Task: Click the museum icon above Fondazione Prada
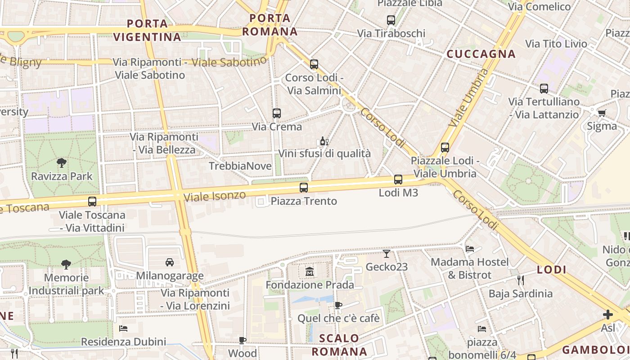[310, 271]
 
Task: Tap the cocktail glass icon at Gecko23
[387, 254]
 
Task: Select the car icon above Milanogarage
[170, 262]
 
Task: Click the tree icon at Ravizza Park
[62, 162]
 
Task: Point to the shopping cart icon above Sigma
[602, 113]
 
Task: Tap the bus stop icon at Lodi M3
[398, 180]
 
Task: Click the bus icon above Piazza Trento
[304, 188]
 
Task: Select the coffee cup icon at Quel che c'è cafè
[338, 306]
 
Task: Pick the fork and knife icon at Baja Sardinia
[521, 280]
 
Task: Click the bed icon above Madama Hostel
[470, 248]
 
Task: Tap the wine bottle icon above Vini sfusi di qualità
[324, 141]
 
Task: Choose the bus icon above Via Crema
[277, 113]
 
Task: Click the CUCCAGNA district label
[481, 54]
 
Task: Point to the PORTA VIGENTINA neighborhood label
[147, 30]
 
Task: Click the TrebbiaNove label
[240, 166]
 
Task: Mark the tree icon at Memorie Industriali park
[66, 264]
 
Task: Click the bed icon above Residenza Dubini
[123, 328]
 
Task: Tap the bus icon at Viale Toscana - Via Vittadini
[92, 201]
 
